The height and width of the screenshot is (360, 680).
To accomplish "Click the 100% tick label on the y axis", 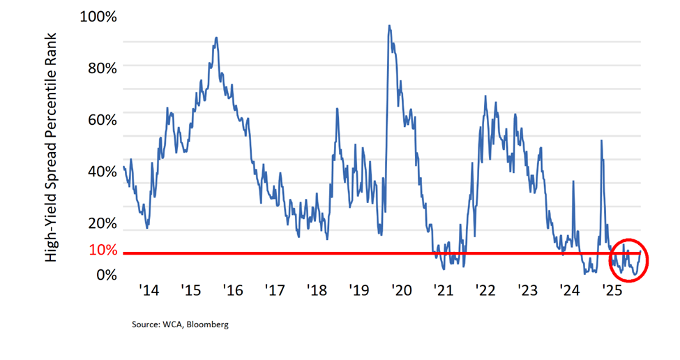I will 99,15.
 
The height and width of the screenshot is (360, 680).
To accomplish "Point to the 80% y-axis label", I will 103,67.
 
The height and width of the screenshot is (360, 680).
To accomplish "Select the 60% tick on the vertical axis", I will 103,119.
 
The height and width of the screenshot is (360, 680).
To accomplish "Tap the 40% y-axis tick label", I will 103,171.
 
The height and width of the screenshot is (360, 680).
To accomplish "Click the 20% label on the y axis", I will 103,223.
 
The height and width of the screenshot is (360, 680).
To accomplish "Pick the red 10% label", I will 103,249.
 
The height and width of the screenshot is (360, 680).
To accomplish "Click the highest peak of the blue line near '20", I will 389,26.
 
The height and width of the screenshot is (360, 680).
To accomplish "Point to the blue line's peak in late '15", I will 216,38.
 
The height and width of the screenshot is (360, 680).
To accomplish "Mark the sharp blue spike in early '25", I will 600,141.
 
